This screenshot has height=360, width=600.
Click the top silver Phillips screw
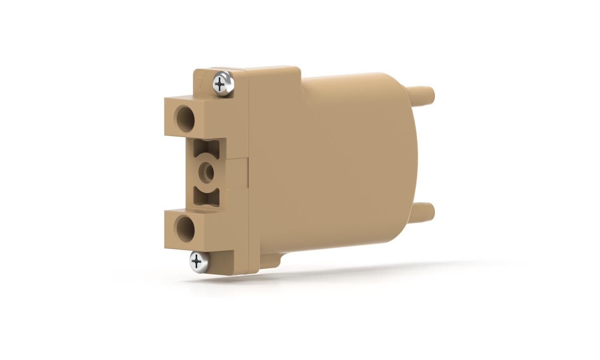tap(222, 83)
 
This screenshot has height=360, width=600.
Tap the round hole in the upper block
tap(185, 117)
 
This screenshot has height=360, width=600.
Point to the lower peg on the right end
tap(424, 209)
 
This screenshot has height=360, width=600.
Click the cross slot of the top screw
tap(220, 84)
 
